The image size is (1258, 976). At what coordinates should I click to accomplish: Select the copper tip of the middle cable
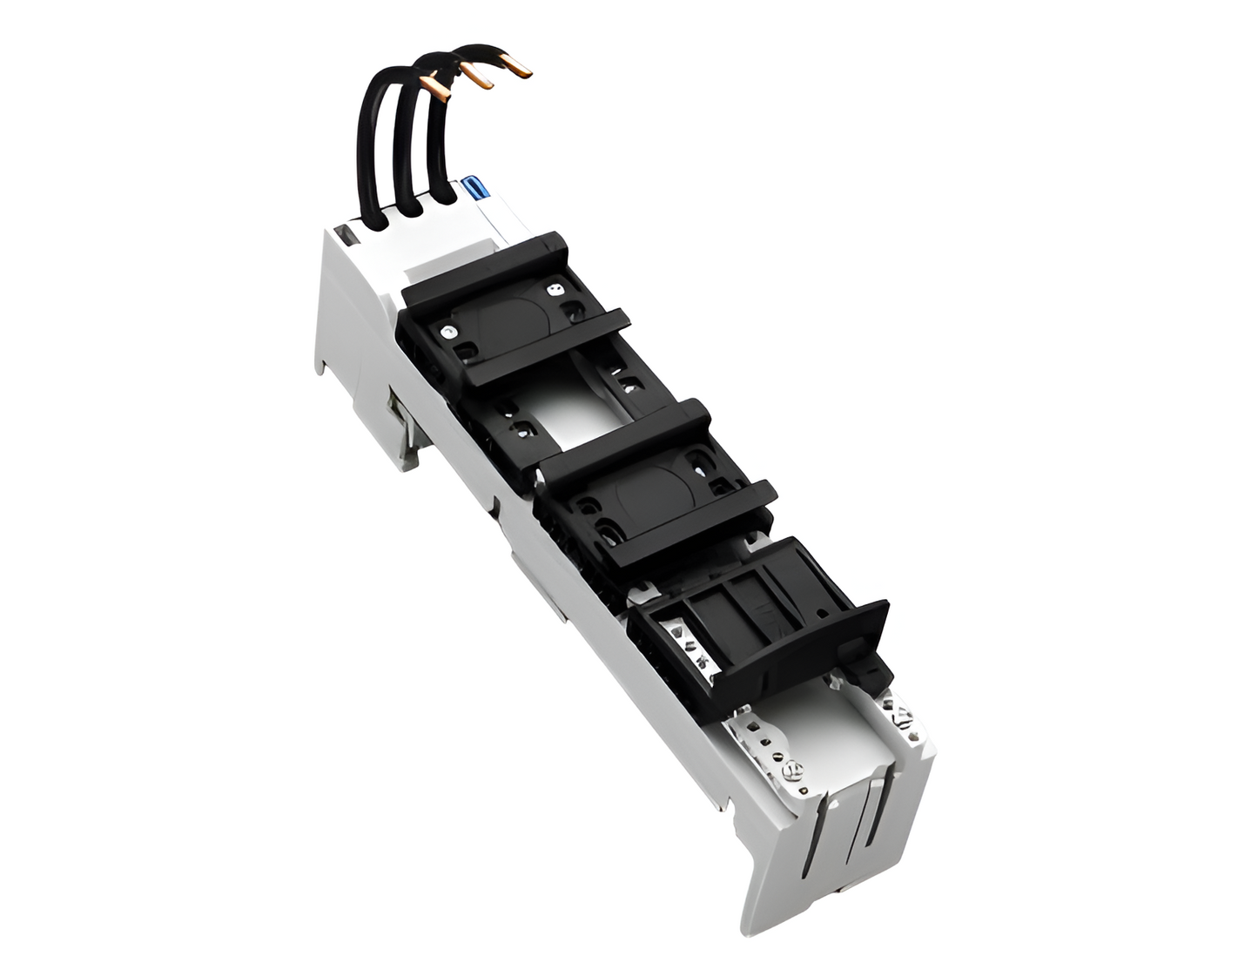click(x=477, y=78)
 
